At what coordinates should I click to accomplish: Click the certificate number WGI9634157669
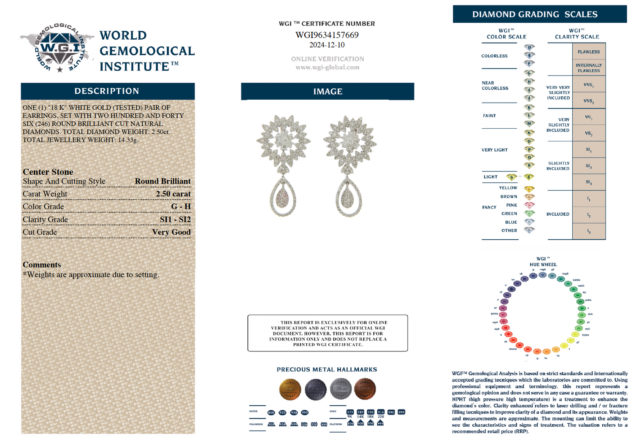pyautogui.click(x=327, y=35)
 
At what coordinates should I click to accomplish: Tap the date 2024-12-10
pyautogui.click(x=327, y=45)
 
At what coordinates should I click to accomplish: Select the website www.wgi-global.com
pyautogui.click(x=327, y=67)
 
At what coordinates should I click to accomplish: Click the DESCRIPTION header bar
pyautogui.click(x=107, y=91)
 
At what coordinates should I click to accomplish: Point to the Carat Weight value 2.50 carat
pyautogui.click(x=173, y=194)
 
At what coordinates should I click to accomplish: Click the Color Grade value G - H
pyautogui.click(x=181, y=206)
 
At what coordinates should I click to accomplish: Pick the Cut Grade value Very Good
pyautogui.click(x=171, y=232)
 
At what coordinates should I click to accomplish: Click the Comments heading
pyautogui.click(x=42, y=265)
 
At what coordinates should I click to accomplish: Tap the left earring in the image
pyautogui.click(x=284, y=165)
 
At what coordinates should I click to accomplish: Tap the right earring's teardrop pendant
pyautogui.click(x=350, y=198)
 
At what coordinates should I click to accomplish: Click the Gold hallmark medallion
pyautogui.click(x=290, y=389)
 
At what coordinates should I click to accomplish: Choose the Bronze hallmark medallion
pyautogui.click(x=365, y=389)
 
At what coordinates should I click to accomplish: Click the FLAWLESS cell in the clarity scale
pyautogui.click(x=589, y=52)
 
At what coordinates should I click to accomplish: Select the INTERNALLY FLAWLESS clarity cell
pyautogui.click(x=589, y=68)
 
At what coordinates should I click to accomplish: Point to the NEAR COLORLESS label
pyautogui.click(x=495, y=86)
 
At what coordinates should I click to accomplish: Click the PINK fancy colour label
pyautogui.click(x=511, y=205)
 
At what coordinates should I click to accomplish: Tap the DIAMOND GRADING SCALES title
pyautogui.click(x=535, y=14)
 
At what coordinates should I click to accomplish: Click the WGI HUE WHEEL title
pyautogui.click(x=543, y=262)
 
